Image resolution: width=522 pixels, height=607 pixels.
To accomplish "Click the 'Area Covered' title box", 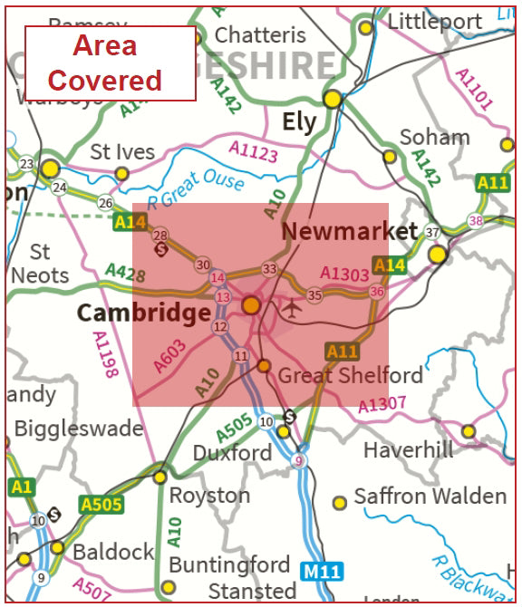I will (110, 63).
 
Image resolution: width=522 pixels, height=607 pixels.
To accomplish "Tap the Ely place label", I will (299, 122).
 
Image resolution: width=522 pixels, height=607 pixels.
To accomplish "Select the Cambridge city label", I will (143, 313).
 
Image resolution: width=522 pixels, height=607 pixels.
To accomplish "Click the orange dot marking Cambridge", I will (251, 305).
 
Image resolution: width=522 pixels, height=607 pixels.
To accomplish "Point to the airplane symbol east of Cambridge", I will (292, 308).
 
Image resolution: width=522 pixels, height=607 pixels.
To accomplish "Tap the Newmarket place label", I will (349, 231).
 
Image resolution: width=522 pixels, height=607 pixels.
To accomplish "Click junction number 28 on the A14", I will (160, 236).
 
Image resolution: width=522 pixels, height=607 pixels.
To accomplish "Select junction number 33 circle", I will (269, 269).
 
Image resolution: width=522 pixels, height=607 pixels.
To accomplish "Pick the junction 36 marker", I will (377, 291).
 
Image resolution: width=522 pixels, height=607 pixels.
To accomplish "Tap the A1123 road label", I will (254, 151).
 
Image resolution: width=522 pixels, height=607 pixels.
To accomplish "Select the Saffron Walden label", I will (430, 496).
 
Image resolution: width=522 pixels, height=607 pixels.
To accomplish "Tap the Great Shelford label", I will (350, 375).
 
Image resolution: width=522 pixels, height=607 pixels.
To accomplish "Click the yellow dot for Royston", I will (159, 477).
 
